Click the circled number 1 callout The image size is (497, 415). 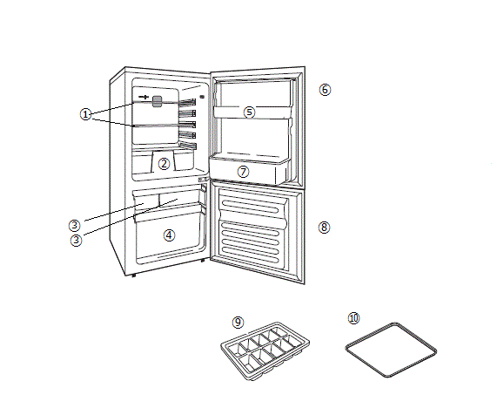[x=85, y=114]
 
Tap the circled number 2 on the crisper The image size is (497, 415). [x=164, y=164]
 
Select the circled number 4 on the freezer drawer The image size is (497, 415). [x=169, y=235]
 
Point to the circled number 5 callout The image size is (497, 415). [x=249, y=112]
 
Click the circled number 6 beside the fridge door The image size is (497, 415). [x=325, y=90]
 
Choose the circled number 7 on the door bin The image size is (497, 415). [x=244, y=172]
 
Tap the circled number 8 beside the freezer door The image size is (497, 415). [x=324, y=228]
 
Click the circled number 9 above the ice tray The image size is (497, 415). [x=238, y=323]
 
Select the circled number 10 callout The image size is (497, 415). [x=353, y=318]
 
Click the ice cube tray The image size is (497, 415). [x=265, y=351]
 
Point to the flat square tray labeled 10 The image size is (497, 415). [x=391, y=350]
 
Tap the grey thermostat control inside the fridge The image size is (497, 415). [x=158, y=101]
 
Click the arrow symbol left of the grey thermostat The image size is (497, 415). [x=144, y=97]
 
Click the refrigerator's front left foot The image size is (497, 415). [x=134, y=276]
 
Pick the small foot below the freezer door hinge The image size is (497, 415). [x=203, y=261]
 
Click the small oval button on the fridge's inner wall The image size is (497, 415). [x=202, y=97]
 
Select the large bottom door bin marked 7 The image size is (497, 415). [x=250, y=170]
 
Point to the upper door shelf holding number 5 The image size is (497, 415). [x=252, y=112]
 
